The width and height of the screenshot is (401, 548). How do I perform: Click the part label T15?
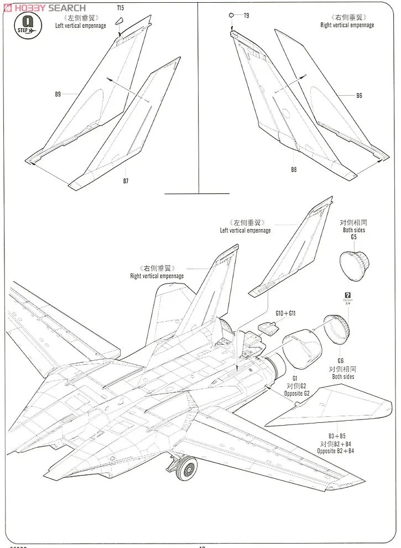pos(121,7)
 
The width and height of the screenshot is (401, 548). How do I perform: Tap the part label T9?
pos(246,15)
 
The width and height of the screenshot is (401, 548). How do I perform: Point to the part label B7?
pos(126,181)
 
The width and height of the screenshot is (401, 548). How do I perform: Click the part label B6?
pos(359,96)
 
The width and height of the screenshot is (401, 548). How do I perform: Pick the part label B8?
pos(294,170)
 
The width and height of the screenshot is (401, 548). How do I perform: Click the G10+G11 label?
pos(286,313)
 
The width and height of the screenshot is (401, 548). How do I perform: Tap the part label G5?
pos(353,237)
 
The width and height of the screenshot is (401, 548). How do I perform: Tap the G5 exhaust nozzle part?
pos(355,262)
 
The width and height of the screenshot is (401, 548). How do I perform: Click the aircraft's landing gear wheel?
pos(187,470)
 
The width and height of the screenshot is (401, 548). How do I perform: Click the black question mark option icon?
pos(347,296)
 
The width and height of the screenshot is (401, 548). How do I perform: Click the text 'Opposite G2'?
pos(301,392)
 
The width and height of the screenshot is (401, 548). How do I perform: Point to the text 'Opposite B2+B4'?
pos(336,451)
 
